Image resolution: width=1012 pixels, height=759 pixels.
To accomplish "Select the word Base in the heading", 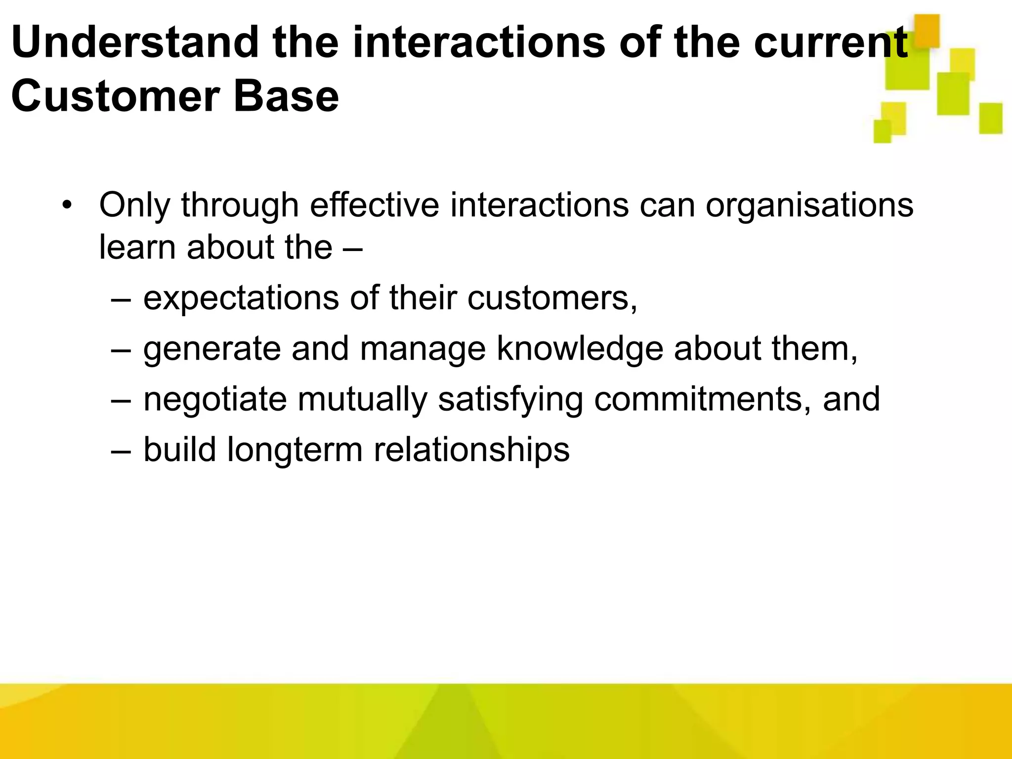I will coord(287,96).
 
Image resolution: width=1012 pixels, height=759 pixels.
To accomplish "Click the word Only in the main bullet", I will coord(134,205).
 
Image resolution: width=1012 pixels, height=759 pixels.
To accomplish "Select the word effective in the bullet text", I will coord(374,205).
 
